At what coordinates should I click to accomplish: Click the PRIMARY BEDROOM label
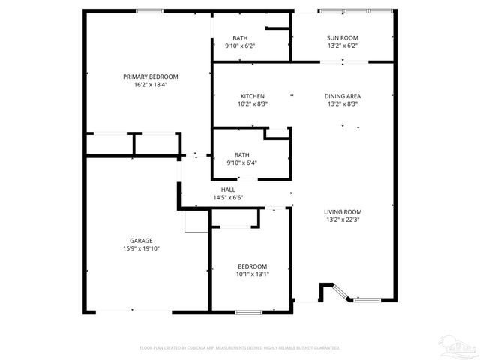pyautogui.click(x=151, y=76)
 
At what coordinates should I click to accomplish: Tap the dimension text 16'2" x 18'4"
pyautogui.click(x=151, y=85)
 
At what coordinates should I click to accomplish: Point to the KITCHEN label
pyautogui.click(x=252, y=96)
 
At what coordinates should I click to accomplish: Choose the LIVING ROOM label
pyautogui.click(x=343, y=212)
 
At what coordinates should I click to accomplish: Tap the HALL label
pyautogui.click(x=228, y=190)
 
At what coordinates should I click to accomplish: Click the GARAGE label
pyautogui.click(x=142, y=241)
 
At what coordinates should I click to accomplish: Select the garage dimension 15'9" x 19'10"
pyautogui.click(x=142, y=249)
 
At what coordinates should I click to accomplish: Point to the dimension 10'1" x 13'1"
pyautogui.click(x=252, y=274)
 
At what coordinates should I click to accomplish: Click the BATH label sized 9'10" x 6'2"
pyautogui.click(x=240, y=37)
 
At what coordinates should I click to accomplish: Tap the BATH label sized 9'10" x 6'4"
pyautogui.click(x=241, y=154)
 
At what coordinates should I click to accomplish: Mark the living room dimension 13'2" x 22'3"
pyautogui.click(x=343, y=220)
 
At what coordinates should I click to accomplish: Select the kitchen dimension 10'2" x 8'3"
pyautogui.click(x=252, y=104)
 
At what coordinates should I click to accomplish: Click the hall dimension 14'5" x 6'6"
pyautogui.click(x=228, y=198)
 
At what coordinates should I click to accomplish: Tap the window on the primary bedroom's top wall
pyautogui.click(x=149, y=10)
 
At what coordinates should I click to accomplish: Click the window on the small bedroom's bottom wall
pyautogui.click(x=247, y=310)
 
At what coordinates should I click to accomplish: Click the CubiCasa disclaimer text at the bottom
pyautogui.click(x=240, y=348)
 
